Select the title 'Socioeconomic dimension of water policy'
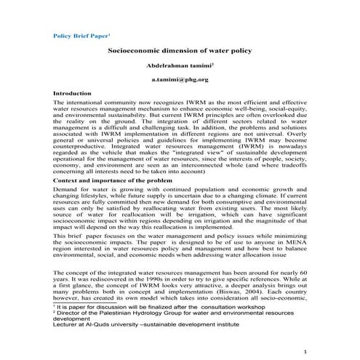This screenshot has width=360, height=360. tap(180, 52)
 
